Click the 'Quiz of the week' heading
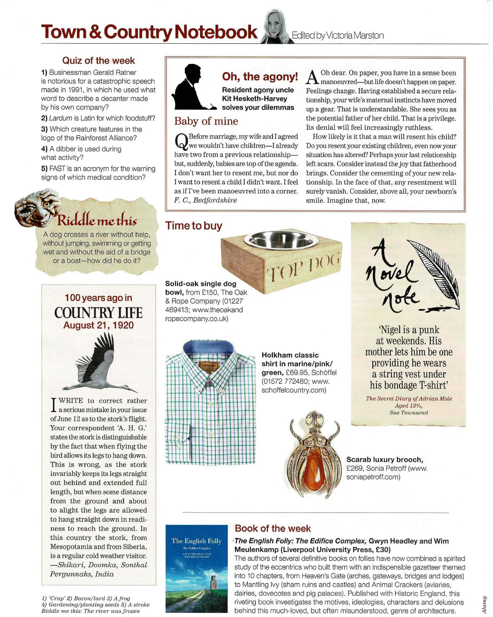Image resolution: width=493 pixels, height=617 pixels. [x=98, y=60]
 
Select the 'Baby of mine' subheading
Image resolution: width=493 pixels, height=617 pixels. [x=206, y=121]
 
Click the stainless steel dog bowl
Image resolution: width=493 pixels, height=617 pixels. [x=281, y=240]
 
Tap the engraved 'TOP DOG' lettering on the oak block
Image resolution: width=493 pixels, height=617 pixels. [x=303, y=268]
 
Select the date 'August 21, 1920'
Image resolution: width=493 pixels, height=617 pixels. [x=98, y=325]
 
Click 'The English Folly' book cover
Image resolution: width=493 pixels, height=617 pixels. [x=197, y=569]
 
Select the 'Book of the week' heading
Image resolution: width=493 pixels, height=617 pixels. [x=272, y=528]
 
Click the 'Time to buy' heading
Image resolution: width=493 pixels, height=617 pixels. [x=194, y=226]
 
